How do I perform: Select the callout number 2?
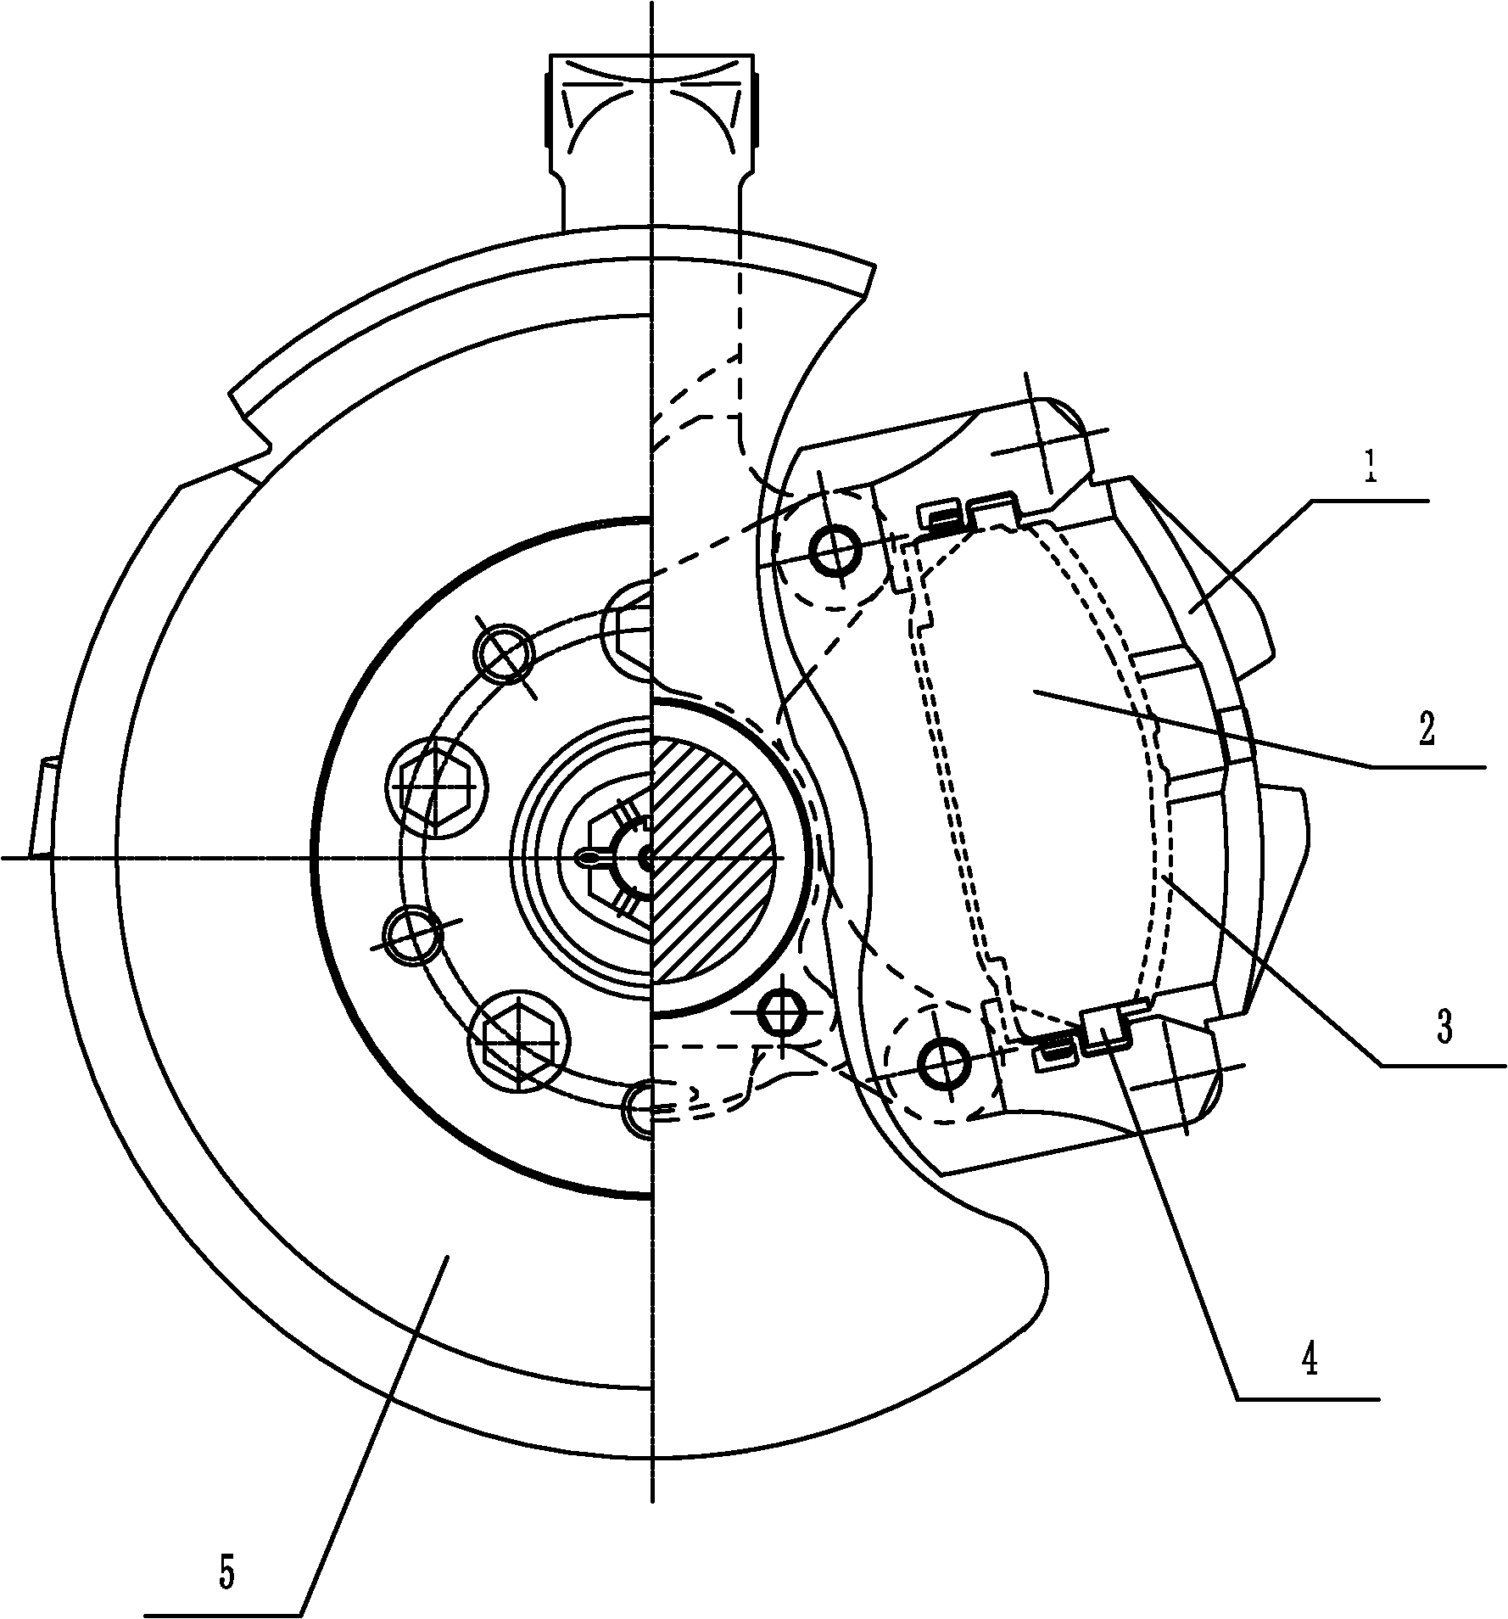tap(1426, 729)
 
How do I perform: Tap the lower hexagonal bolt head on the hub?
tap(518, 1037)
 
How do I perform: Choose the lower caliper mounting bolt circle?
tap(943, 1061)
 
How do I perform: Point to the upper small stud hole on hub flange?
tap(505, 653)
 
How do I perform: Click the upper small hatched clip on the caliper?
tap(942, 516)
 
